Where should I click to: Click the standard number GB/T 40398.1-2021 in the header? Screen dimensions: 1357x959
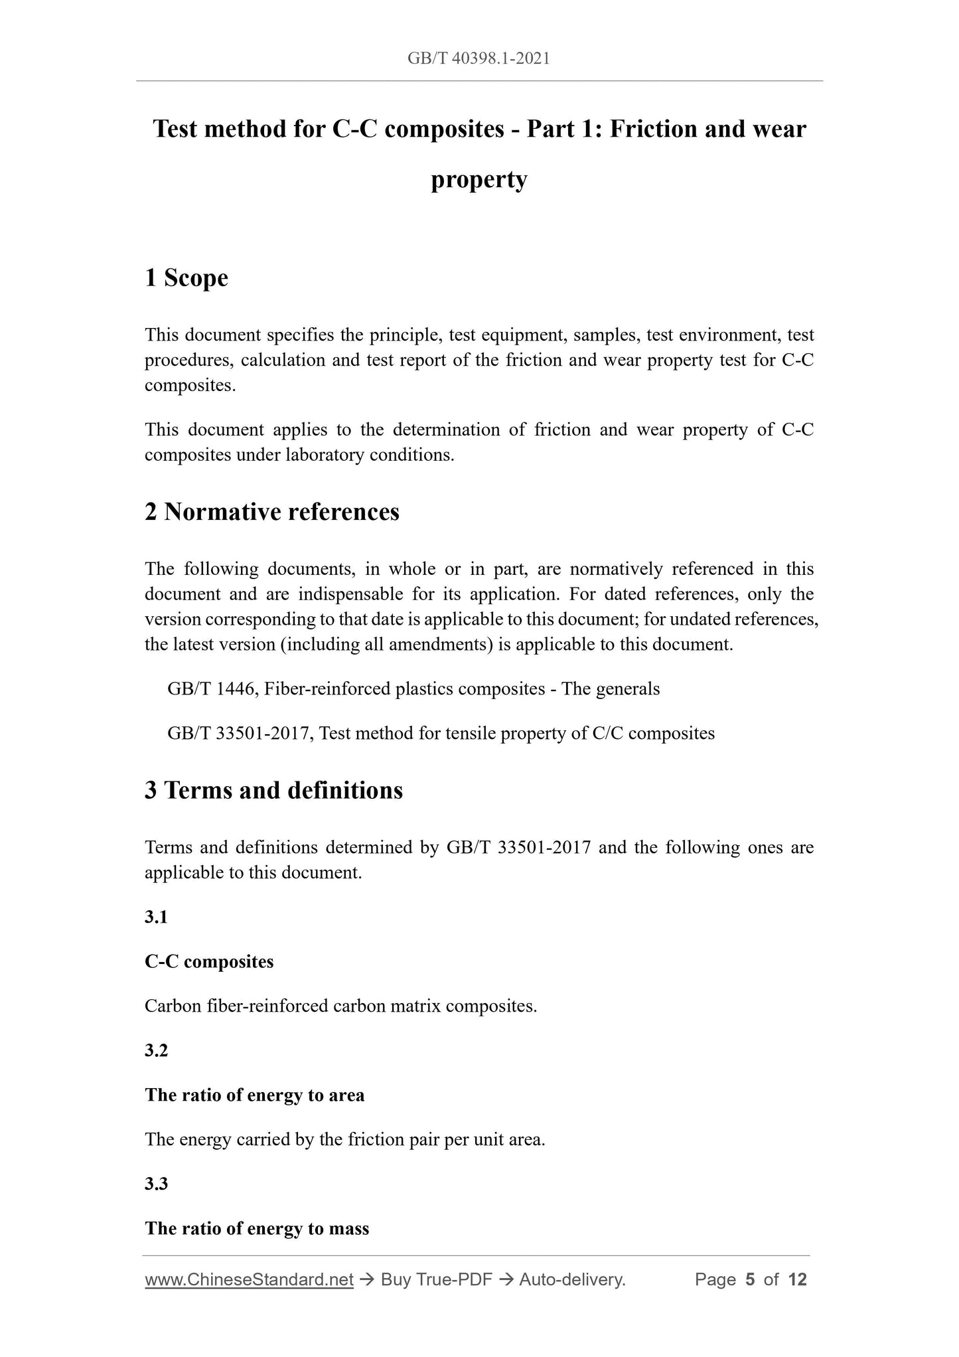click(479, 58)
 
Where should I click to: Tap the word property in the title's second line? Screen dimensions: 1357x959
click(479, 179)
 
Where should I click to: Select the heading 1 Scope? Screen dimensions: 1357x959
click(186, 278)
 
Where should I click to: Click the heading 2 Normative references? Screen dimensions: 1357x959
click(272, 512)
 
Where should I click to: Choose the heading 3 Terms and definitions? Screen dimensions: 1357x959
click(273, 790)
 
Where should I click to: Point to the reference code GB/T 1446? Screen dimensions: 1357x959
click(210, 688)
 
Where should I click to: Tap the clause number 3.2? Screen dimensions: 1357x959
click(156, 1050)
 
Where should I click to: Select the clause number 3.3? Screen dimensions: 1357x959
click(156, 1184)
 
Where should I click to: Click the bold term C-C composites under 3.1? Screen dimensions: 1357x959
click(209, 961)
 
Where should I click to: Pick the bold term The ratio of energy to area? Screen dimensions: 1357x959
click(255, 1095)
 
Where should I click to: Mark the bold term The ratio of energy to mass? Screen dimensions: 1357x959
click(257, 1228)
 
